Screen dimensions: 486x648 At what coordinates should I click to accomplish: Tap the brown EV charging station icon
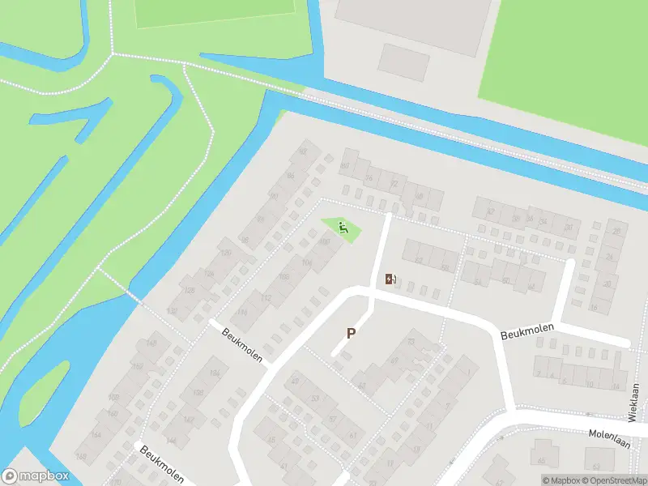pyautogui.click(x=391, y=279)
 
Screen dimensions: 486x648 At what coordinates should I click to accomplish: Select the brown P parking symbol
pyautogui.click(x=352, y=333)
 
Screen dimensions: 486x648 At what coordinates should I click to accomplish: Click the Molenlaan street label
pyautogui.click(x=609, y=433)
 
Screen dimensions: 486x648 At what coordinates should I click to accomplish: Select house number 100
pyautogui.click(x=325, y=241)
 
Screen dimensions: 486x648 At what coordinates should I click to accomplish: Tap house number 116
pyautogui.click(x=241, y=313)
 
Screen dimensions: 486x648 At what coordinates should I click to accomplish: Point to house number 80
pyautogui.click(x=344, y=166)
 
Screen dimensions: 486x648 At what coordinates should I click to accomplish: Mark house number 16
pyautogui.click(x=594, y=308)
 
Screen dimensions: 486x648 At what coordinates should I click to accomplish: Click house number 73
pyautogui.click(x=411, y=342)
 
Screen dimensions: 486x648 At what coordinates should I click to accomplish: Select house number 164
pyautogui.click(x=98, y=435)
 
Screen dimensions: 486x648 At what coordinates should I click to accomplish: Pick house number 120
pyautogui.click(x=226, y=254)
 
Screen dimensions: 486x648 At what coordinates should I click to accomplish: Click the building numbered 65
pyautogui.click(x=540, y=461)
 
